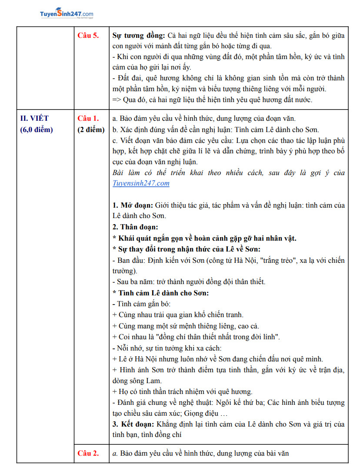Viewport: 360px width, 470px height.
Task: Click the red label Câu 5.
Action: tap(88, 36)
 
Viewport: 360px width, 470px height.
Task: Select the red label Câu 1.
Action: tap(88, 118)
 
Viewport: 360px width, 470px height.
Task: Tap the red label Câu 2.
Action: tap(88, 453)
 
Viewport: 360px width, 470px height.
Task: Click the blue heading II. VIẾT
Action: tap(35, 118)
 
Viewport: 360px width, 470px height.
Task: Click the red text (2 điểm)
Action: tap(91, 129)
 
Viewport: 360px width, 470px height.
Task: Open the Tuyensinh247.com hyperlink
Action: tap(141, 183)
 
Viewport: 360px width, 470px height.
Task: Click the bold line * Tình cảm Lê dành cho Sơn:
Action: tap(160, 293)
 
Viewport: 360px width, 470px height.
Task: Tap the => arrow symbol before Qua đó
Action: tap(117, 99)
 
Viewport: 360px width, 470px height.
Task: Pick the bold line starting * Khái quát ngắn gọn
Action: tap(204, 238)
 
